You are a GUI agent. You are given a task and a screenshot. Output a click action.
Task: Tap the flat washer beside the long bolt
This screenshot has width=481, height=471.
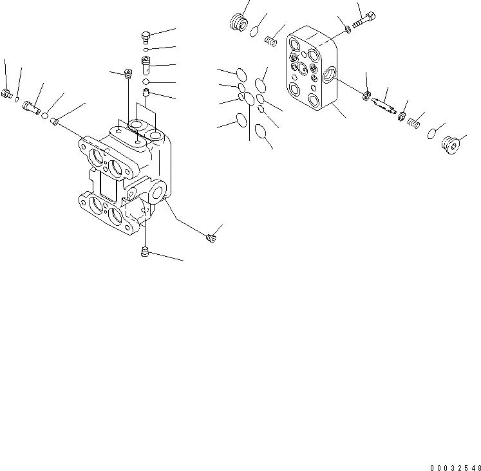348,28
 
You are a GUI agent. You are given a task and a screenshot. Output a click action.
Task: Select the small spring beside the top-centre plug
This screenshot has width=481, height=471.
271,41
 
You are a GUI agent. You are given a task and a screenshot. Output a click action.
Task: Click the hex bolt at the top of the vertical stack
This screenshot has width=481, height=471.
145,36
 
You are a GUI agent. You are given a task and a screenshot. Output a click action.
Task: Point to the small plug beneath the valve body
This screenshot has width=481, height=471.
145,253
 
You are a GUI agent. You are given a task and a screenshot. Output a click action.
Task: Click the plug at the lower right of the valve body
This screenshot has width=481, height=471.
209,239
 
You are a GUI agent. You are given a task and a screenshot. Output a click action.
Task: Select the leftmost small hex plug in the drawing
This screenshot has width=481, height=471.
7,95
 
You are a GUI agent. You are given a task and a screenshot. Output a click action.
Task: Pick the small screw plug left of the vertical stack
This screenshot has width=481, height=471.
126,76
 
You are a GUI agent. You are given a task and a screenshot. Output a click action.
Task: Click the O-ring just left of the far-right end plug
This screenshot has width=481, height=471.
433,133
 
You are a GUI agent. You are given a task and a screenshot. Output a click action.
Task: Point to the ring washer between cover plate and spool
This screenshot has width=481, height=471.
367,97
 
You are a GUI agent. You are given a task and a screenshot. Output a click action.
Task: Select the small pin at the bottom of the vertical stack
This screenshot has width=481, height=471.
146,95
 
